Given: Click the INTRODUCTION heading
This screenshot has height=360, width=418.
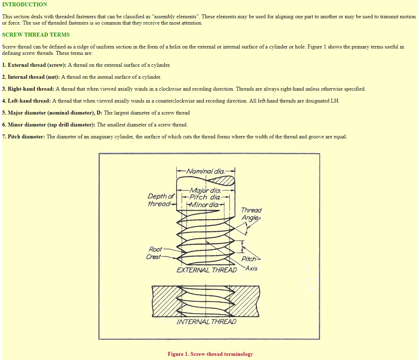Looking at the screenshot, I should tap(25, 5).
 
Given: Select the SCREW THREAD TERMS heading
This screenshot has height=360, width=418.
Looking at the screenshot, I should tap(36, 35).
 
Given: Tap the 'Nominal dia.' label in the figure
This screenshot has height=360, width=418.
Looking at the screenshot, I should tap(205, 171).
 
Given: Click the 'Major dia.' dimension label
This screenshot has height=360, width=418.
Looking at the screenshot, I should tap(205, 191).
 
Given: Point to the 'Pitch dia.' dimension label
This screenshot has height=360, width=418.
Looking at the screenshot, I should tap(205, 197).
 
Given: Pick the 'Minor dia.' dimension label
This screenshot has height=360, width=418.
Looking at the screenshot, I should tap(204, 204).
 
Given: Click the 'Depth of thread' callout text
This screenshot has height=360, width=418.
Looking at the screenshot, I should tap(161, 200).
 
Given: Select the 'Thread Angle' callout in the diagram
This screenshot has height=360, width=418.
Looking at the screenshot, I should tap(251, 214).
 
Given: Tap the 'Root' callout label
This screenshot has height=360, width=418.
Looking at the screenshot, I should tap(155, 249).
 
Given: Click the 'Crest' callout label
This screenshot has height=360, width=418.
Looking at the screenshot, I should tap(154, 257).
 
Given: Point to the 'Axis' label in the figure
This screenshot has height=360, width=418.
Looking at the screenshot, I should tap(252, 268).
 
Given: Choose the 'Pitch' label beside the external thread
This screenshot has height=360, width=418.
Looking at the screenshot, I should tap(249, 259).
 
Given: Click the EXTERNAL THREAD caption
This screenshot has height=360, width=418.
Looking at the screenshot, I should tap(207, 270).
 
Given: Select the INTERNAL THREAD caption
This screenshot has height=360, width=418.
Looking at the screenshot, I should tap(207, 322).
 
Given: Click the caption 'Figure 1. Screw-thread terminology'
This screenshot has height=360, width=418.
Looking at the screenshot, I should tap(210, 354).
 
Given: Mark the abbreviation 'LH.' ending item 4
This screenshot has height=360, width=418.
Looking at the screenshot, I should tap(335, 101).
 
